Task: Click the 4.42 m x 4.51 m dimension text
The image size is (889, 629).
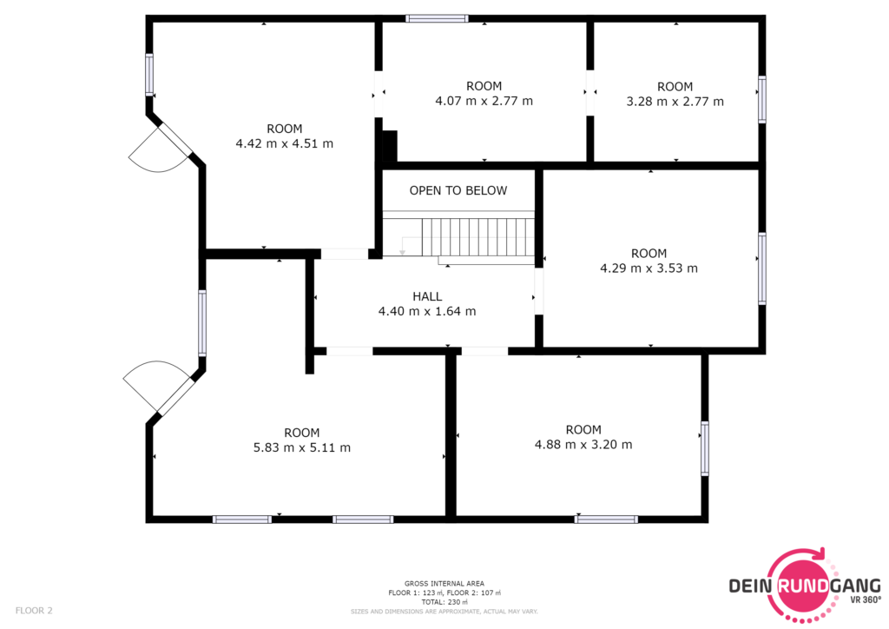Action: pos(285,143)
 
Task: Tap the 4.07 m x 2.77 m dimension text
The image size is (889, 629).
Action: pos(484,101)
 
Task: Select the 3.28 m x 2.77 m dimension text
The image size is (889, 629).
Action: pos(675,102)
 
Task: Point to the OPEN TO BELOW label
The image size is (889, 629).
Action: pos(458,190)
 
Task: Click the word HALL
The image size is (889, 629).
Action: pos(427,296)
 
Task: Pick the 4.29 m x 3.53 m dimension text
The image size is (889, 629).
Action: pos(649,268)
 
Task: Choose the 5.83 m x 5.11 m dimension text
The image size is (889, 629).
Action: pos(301,447)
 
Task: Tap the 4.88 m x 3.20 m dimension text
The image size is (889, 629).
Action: pos(583,445)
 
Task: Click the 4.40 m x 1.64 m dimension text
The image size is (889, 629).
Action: pos(427,311)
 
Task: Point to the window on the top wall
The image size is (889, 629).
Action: pos(437,19)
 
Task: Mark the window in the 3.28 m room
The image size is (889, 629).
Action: pos(762,99)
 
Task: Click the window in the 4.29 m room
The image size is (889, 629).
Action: pos(762,268)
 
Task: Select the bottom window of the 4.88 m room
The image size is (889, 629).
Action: pos(606,519)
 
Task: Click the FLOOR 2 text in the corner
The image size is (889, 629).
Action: pos(34,611)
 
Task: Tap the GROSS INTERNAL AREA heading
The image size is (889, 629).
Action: pos(444,584)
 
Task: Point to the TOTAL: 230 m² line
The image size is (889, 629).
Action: pos(444,602)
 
